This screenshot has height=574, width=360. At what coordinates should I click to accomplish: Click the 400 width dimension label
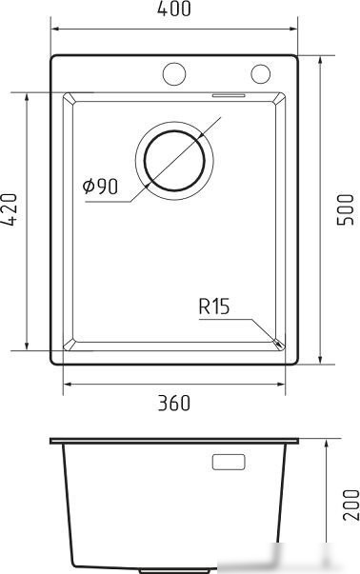tap(174, 9)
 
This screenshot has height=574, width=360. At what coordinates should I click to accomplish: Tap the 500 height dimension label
tap(345, 209)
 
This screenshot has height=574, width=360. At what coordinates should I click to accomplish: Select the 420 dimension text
tap(9, 209)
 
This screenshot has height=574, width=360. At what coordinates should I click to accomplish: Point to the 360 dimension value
tap(174, 403)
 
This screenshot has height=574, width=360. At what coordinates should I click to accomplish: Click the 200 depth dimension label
tap(350, 505)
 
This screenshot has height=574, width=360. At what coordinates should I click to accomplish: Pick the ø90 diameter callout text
tap(100, 187)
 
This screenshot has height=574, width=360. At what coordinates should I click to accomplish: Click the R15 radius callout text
tap(214, 307)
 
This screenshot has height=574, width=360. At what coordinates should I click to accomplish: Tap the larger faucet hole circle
tap(174, 74)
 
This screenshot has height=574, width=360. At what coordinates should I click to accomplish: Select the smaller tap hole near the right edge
tap(261, 73)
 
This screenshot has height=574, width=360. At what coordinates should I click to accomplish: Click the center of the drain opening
tap(174, 160)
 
